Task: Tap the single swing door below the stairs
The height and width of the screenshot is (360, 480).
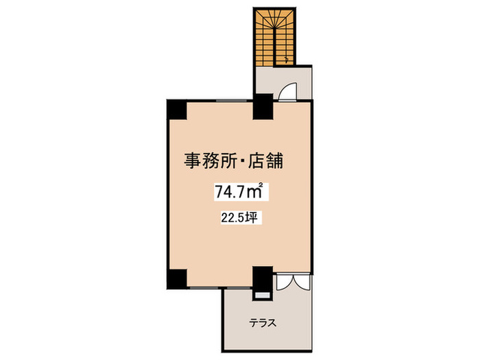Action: click(x=289, y=92)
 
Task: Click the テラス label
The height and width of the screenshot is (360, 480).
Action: click(x=262, y=323)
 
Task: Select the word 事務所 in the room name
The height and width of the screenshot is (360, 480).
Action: click(x=209, y=162)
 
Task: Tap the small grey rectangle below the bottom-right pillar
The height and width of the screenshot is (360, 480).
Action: click(x=261, y=296)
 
